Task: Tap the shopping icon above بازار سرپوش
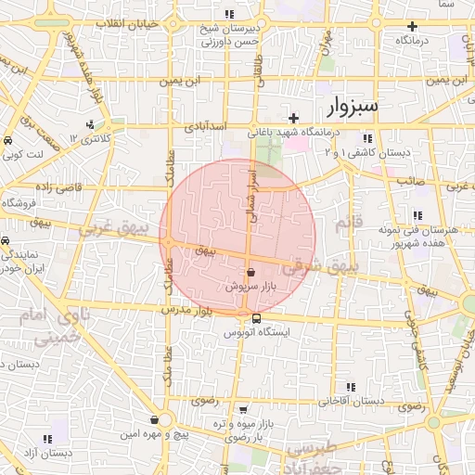pos(252,273)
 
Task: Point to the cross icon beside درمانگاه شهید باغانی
pos(294,118)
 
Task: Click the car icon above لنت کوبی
pos(8,140)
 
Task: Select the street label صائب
pos(410,182)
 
